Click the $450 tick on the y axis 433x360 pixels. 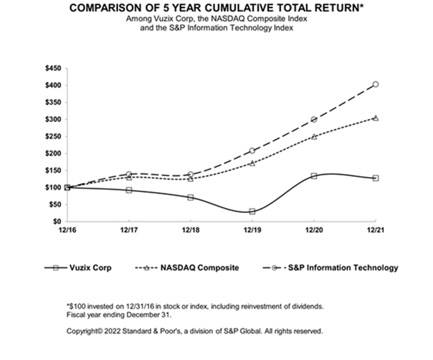pyautogui.click(x=51, y=69)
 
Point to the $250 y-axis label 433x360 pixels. pyautogui.click(x=51, y=137)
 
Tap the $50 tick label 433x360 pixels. pyautogui.click(x=53, y=204)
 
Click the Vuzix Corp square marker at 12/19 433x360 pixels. pyautogui.click(x=252, y=211)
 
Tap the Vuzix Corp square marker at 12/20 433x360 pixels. pyautogui.click(x=314, y=175)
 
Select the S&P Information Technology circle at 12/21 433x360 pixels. pyautogui.click(x=376, y=85)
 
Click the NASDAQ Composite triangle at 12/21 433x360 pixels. pyautogui.click(x=376, y=118)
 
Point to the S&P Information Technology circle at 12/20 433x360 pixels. pyautogui.click(x=314, y=119)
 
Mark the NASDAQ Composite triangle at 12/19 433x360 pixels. pyautogui.click(x=252, y=163)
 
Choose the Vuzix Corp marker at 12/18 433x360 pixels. pyautogui.click(x=190, y=197)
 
